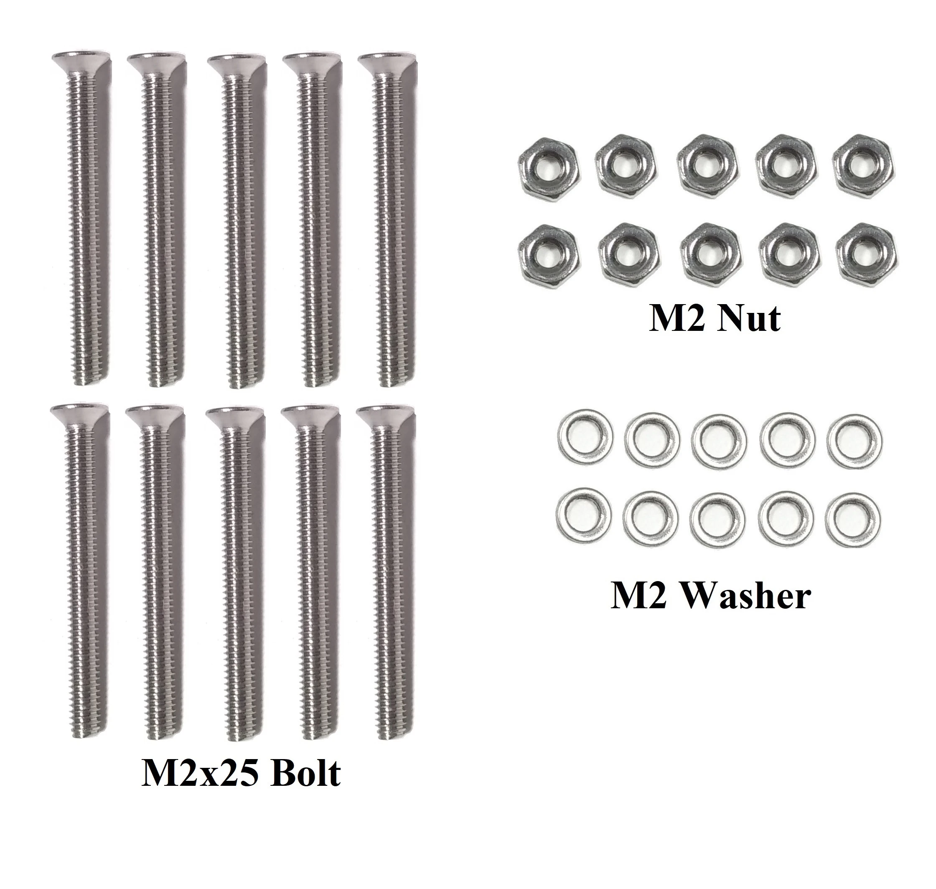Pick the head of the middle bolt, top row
[235, 64]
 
